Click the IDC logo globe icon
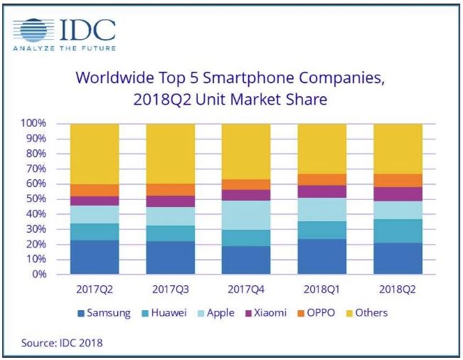pos(34,31)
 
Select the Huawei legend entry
pos(169,312)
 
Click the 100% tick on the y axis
pos(33,124)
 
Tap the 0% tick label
pos(38,275)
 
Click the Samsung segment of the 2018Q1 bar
pos(321,257)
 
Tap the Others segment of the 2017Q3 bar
pos(171,154)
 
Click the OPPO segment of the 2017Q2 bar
pos(95,190)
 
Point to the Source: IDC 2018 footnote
pos(63,343)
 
